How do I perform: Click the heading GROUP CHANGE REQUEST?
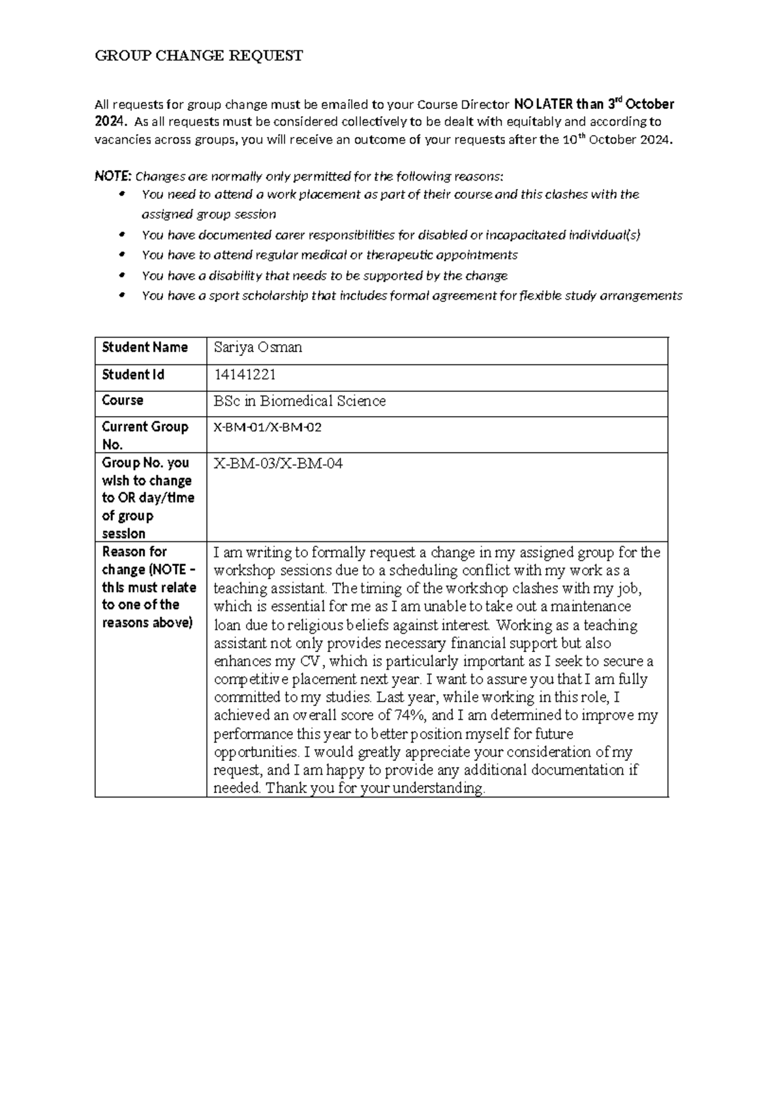[199, 56]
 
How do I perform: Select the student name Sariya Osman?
[258, 348]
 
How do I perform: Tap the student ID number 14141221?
[245, 374]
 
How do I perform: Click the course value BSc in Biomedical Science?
[299, 401]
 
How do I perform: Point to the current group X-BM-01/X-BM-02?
[268, 428]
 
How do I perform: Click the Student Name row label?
[145, 348]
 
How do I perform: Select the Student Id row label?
[133, 374]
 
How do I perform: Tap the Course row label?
[123, 400]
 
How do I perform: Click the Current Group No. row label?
[145, 435]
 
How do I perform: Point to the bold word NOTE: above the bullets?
[113, 176]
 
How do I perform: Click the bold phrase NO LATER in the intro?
[543, 104]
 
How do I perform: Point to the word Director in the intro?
[485, 104]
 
